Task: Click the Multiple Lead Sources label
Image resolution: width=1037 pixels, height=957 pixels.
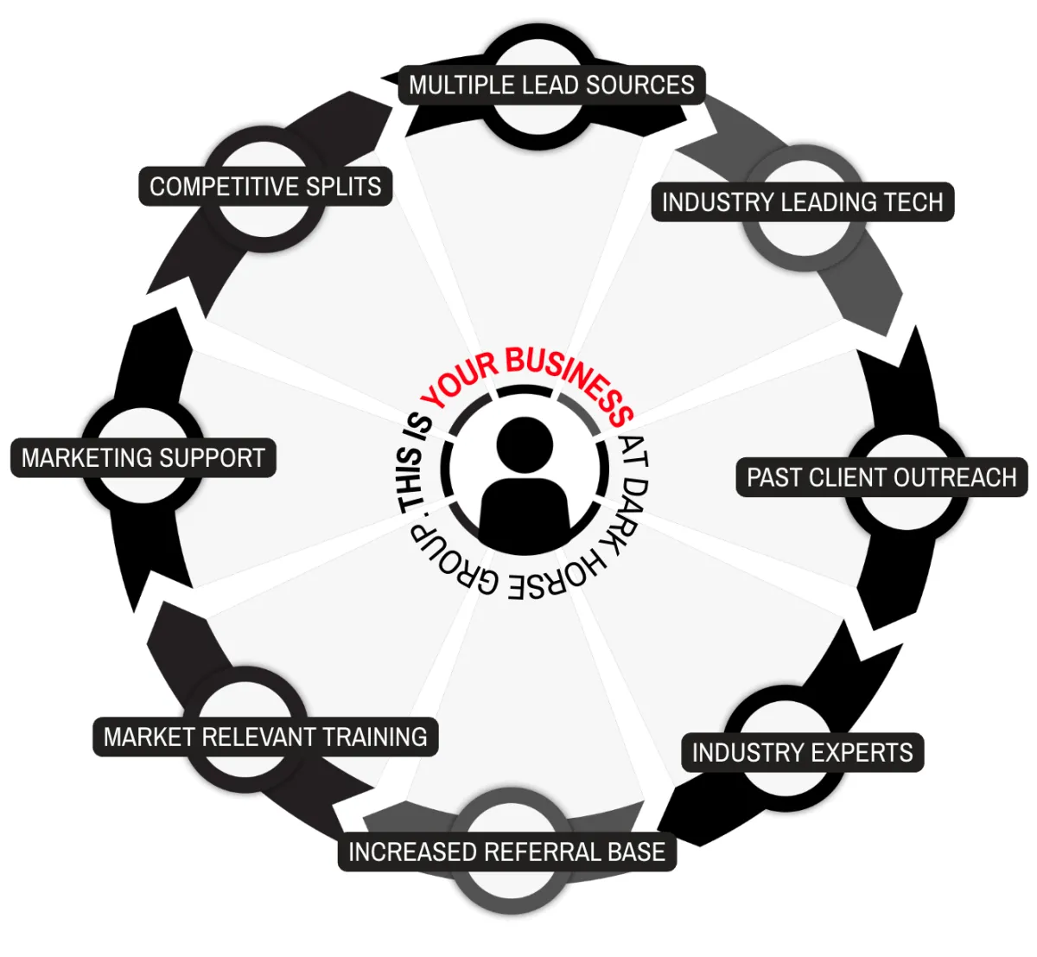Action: click(551, 85)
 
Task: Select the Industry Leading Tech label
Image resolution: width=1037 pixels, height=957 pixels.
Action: click(802, 202)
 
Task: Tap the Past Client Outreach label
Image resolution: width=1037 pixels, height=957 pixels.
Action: click(881, 477)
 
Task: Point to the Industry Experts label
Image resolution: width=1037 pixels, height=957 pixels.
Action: click(802, 753)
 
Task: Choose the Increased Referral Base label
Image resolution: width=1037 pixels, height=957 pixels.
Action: click(506, 852)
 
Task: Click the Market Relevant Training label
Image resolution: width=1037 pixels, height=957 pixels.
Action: click(265, 737)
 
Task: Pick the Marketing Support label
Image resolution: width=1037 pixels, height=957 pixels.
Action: click(143, 457)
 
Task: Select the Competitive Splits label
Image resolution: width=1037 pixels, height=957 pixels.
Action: click(265, 187)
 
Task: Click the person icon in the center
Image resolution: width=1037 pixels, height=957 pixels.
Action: click(524, 484)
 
